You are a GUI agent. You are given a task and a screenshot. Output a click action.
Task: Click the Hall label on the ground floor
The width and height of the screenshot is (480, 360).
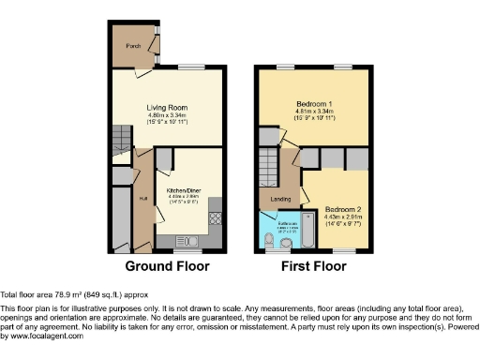coord(143,199)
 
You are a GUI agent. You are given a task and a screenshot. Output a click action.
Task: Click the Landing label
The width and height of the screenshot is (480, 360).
coord(280,199)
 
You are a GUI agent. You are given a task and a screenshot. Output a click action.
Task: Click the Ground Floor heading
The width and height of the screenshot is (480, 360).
coord(167,266)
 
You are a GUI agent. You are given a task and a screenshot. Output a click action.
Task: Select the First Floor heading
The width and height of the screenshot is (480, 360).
coord(314,266)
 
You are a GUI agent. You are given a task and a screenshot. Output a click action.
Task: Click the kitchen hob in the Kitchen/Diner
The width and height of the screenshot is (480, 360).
coord(216,219)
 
